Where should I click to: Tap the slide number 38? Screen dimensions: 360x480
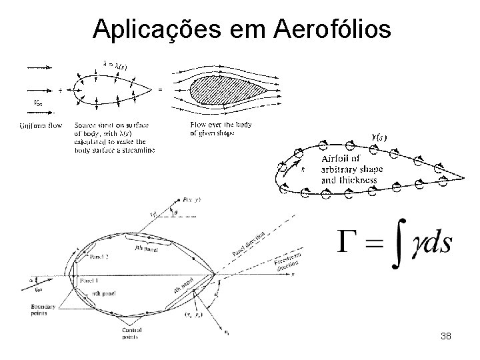[446, 336]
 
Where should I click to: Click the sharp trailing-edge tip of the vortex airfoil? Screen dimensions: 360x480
[463, 179]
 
